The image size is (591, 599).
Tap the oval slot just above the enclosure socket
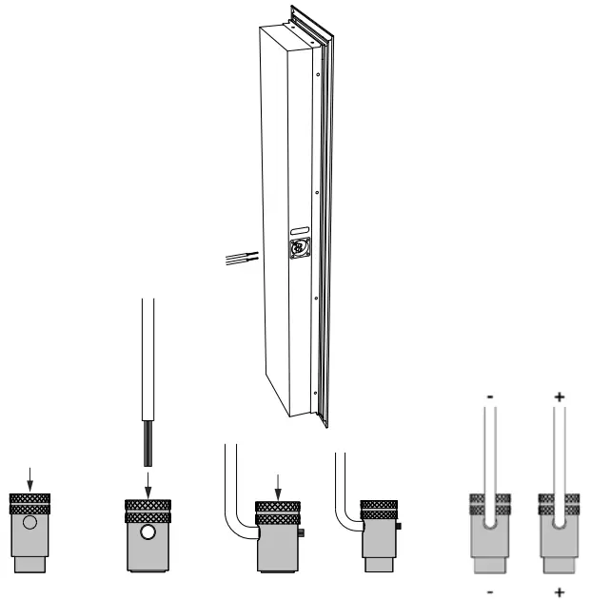pyautogui.click(x=298, y=230)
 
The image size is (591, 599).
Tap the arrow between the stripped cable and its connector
pyautogui.click(x=148, y=483)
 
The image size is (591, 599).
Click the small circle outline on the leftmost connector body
pyautogui.click(x=31, y=525)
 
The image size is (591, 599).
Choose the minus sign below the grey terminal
pyautogui.click(x=490, y=589)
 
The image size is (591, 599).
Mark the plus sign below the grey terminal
pyautogui.click(x=558, y=589)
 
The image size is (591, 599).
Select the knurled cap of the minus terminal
pyautogui.click(x=490, y=504)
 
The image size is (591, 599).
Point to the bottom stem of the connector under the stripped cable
pyautogui.click(x=148, y=568)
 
